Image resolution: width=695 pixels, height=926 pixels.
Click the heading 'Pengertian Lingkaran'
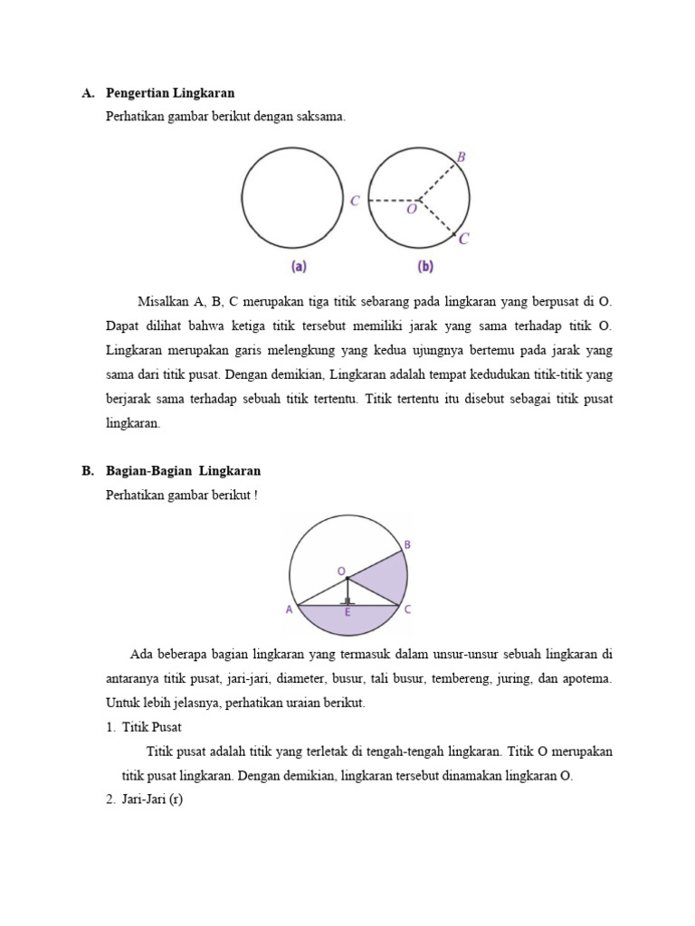click(170, 93)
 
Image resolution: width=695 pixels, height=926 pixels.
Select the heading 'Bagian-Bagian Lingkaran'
click(183, 471)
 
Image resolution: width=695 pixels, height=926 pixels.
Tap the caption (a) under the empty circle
click(298, 267)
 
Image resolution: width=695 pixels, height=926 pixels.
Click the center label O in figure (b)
click(412, 210)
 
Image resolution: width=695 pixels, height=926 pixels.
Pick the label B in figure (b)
click(462, 157)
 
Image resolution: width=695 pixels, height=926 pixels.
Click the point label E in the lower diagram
click(346, 612)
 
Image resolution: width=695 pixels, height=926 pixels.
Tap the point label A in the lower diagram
click(290, 610)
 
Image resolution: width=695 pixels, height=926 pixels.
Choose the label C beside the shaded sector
click(408, 609)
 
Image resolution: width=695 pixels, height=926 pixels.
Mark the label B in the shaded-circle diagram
click(407, 544)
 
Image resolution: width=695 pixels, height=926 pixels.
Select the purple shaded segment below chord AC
click(347, 622)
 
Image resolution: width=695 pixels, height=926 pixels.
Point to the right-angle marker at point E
click(347, 600)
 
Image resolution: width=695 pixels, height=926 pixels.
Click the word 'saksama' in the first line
click(323, 118)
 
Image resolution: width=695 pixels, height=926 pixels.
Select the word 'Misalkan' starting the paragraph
click(162, 301)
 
